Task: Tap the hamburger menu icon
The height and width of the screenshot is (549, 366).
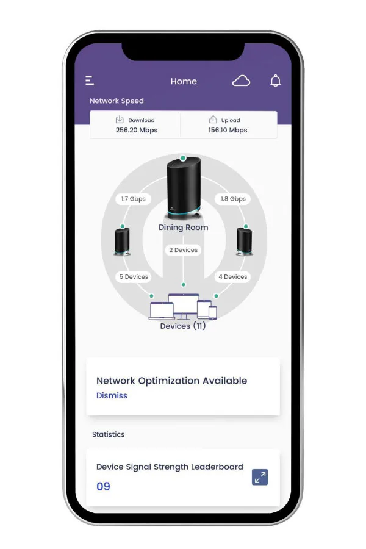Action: click(x=90, y=81)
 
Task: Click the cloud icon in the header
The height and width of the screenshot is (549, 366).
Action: click(x=241, y=81)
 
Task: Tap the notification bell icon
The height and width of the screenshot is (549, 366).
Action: click(x=276, y=81)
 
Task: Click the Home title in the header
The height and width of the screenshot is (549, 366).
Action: click(x=184, y=81)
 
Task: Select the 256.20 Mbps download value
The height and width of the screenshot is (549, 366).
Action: click(x=137, y=130)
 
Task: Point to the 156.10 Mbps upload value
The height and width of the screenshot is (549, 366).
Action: click(x=228, y=130)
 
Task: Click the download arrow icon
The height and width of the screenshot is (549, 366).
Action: click(x=120, y=120)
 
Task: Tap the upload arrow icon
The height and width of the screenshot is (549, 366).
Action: click(x=213, y=120)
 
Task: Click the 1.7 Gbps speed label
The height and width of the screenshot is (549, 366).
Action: click(x=133, y=199)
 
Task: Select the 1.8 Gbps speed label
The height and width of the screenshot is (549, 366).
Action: click(x=233, y=199)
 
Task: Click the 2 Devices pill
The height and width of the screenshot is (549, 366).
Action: click(x=183, y=250)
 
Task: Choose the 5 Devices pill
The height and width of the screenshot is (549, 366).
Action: click(x=134, y=276)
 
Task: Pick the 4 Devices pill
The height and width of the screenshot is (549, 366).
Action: click(x=233, y=276)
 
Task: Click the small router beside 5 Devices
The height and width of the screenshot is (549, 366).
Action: click(x=122, y=241)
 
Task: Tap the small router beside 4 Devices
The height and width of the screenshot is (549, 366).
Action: click(x=244, y=241)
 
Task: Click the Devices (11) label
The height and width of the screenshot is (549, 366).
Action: click(x=183, y=326)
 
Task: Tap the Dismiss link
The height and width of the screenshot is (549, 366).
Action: click(x=112, y=395)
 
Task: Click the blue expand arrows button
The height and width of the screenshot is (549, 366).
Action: click(x=260, y=477)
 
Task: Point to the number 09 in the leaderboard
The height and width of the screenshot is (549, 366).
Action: click(x=103, y=486)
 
